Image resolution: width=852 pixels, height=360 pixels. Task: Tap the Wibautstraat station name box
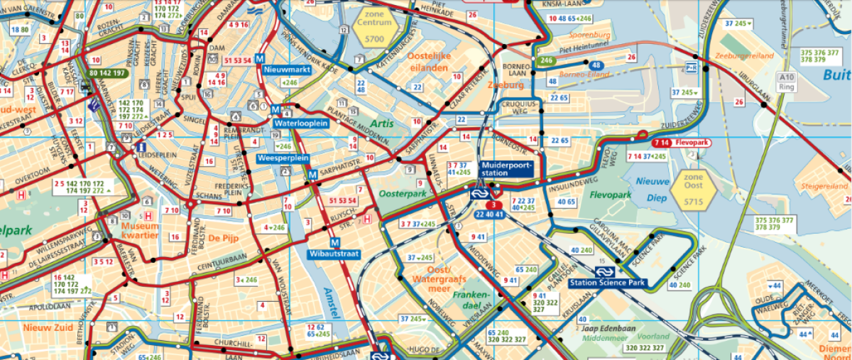[334, 253]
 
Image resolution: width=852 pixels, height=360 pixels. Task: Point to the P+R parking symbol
[690, 67]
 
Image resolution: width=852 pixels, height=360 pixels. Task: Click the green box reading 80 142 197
[107, 73]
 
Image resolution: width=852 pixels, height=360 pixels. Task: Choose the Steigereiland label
[824, 186]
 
